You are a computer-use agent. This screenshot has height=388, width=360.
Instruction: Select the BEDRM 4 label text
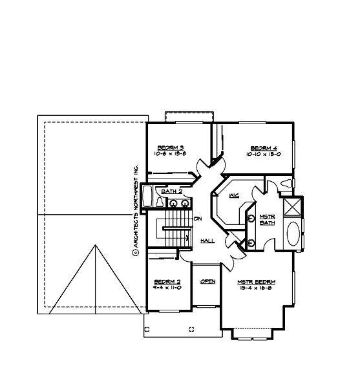point(263,147)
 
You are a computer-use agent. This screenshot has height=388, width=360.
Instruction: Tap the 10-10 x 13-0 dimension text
point(263,154)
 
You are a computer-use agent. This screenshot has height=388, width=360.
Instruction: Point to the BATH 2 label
point(171,192)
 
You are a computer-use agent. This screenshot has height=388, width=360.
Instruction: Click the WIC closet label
point(233,195)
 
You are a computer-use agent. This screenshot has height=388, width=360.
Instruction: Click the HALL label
point(207,241)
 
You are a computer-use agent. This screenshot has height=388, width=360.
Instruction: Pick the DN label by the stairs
point(198,218)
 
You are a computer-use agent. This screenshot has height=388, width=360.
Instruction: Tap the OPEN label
point(207,281)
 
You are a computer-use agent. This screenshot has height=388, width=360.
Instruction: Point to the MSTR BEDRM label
point(257,282)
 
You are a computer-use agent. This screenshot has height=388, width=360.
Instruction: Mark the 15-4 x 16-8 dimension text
point(257,288)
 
